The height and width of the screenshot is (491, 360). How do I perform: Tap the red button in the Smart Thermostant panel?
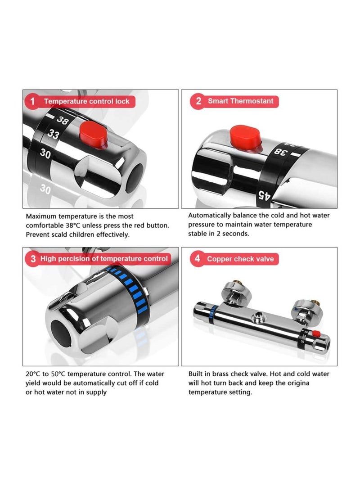coord(245,136)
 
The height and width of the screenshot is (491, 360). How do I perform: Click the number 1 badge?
coord(32,101)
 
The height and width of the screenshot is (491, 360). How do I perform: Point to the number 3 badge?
coord(33,259)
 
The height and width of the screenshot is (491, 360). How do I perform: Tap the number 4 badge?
coord(198,259)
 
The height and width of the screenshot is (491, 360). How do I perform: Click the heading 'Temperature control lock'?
coord(87,101)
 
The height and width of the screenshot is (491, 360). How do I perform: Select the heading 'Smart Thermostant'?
coord(241,101)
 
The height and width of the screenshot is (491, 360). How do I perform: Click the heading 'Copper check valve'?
coord(240,259)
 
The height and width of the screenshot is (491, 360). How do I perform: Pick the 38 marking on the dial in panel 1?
coord(62,120)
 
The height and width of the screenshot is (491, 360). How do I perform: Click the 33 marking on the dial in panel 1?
coord(54,134)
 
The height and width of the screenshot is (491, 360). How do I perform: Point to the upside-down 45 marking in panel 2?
coord(264,195)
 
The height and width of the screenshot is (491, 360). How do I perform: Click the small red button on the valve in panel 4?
coord(316,333)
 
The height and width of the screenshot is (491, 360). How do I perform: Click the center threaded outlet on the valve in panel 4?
coord(259,317)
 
